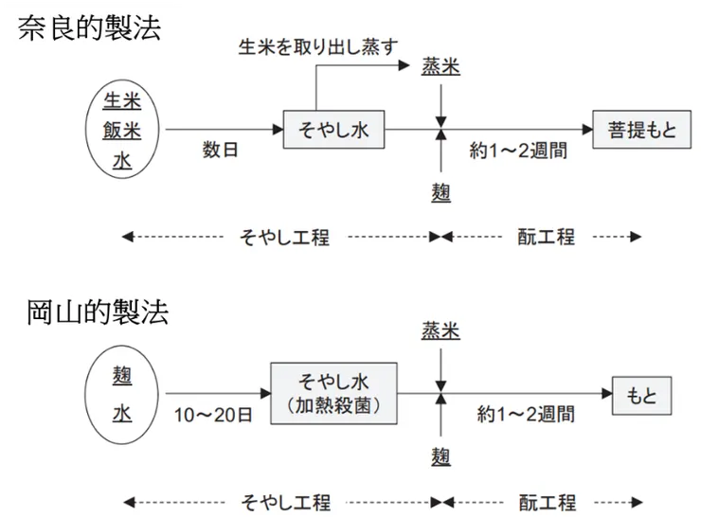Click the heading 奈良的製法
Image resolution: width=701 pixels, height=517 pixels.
(89, 27)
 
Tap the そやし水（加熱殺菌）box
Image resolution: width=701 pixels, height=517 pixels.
(333, 393)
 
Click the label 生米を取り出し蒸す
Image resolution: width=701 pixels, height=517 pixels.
(317, 47)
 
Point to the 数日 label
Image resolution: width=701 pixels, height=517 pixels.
(221, 150)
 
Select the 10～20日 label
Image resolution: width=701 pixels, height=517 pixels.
(212, 415)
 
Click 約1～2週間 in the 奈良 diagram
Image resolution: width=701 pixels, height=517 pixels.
(518, 150)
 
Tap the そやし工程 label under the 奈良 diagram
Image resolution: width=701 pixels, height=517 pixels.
(284, 237)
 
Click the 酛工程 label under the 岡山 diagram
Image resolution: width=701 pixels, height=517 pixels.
(548, 502)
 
